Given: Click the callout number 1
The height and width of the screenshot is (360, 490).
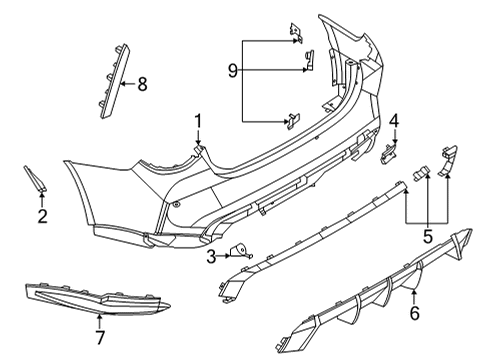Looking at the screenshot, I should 198,122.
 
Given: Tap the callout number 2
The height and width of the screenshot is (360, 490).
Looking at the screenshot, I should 42,216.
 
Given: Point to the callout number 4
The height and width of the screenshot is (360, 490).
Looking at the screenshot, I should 394,122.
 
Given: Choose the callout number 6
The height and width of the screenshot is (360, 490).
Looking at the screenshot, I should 415,314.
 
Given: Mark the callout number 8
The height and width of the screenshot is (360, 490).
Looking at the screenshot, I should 142,85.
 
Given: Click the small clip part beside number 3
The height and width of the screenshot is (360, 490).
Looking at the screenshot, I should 241,253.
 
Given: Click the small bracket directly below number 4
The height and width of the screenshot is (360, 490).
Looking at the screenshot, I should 387,151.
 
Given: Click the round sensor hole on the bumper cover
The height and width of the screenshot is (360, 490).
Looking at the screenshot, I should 177,203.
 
